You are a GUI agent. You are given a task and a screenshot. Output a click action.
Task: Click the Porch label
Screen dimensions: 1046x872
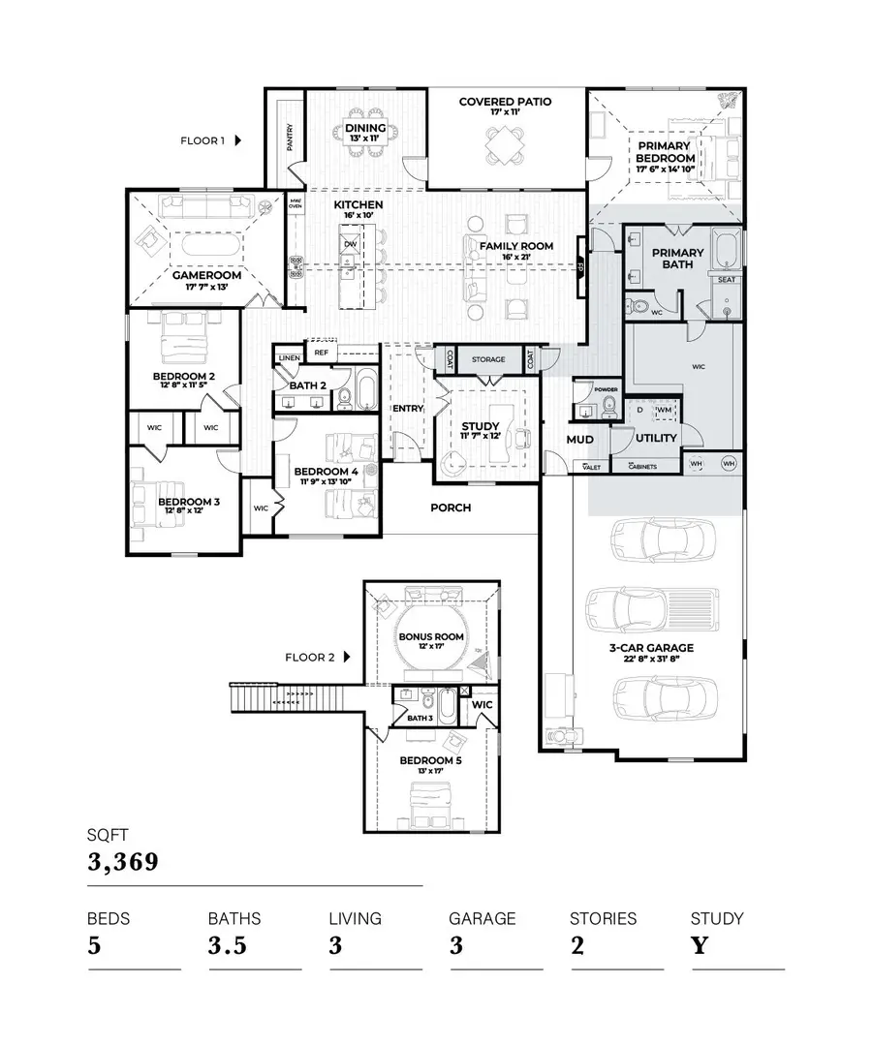coord(451,508)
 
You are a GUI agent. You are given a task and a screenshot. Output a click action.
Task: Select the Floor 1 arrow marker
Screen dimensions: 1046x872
coord(237,140)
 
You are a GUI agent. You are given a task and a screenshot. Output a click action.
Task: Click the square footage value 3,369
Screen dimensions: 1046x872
coord(122,862)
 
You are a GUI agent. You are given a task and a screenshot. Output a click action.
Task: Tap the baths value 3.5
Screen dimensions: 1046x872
coord(228,946)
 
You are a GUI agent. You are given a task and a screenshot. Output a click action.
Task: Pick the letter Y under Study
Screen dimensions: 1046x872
coord(699,946)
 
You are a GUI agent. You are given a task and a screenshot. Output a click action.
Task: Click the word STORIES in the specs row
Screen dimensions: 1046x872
coord(603,918)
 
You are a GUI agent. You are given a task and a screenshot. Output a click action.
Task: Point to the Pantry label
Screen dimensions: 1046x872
coord(290,137)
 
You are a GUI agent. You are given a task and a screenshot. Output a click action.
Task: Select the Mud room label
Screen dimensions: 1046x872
coord(579,440)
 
